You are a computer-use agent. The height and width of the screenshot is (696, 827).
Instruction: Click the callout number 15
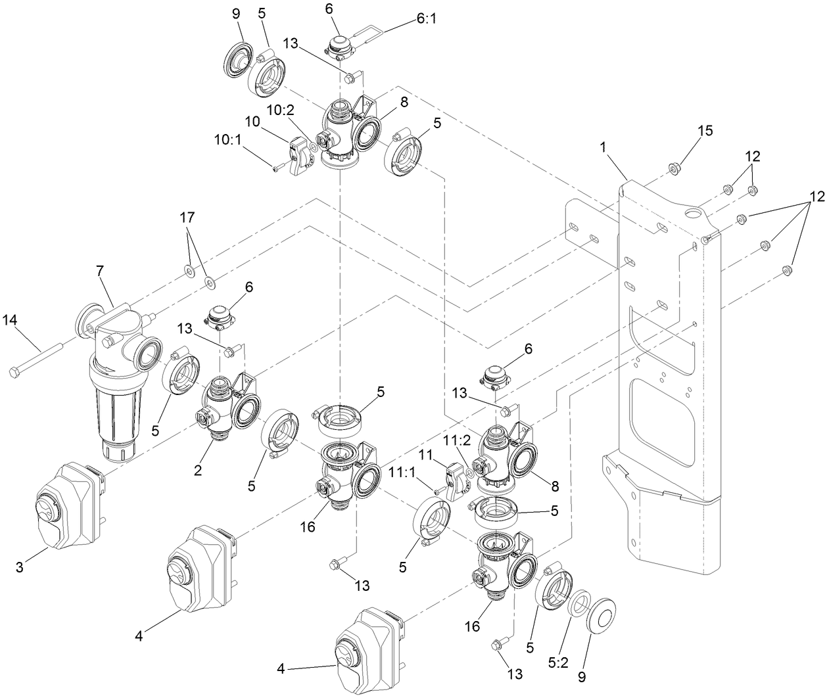tap(705, 130)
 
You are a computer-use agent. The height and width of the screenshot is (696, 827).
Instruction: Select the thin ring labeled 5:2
tap(579, 604)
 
